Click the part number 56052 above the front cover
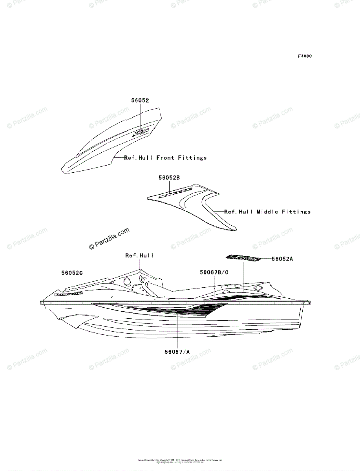[140, 100]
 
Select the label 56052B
[169, 178]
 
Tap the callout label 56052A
[283, 259]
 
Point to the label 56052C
[72, 272]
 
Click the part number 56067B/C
[214, 272]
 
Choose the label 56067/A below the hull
[177, 352]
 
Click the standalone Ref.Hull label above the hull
[139, 256]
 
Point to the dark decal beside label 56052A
[243, 258]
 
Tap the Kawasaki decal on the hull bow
[68, 293]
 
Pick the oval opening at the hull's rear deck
[258, 288]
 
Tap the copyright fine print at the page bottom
[180, 460]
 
